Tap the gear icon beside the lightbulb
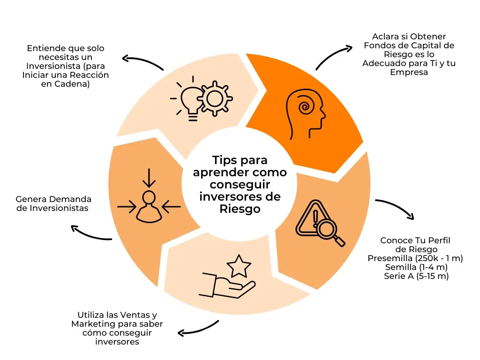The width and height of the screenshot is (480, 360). tap(215, 98)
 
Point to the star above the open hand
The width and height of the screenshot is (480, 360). tap(239, 266)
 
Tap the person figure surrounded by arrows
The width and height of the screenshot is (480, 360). tap(149, 207)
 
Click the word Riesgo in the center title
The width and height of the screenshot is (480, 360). tap(240, 209)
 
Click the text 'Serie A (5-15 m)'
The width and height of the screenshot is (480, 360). tap(416, 276)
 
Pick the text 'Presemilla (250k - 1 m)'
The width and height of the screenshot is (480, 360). tap(415, 258)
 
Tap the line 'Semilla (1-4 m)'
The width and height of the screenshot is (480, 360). tap(416, 267)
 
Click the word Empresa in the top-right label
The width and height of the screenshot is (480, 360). tap(409, 73)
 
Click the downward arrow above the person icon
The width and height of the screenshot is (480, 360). tap(149, 178)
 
